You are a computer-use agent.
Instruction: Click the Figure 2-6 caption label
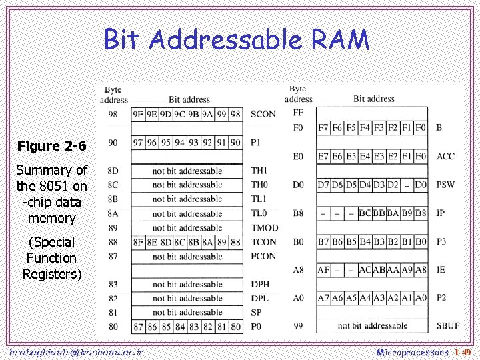(x=52, y=145)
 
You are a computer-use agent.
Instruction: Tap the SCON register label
(x=263, y=114)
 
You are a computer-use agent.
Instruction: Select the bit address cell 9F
(x=138, y=114)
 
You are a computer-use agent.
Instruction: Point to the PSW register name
(x=445, y=184)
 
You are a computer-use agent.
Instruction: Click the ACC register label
(x=445, y=157)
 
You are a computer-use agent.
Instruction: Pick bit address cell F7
(x=323, y=127)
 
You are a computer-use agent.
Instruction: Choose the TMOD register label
(x=265, y=228)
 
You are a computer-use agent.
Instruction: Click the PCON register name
(x=263, y=256)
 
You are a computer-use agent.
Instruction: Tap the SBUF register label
(x=447, y=326)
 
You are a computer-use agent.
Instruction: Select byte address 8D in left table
(x=113, y=171)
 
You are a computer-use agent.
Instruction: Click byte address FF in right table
(x=298, y=113)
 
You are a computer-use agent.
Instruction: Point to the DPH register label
(x=261, y=285)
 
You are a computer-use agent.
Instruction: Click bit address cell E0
(x=420, y=157)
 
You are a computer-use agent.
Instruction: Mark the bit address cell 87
(x=138, y=327)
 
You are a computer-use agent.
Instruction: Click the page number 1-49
(x=462, y=351)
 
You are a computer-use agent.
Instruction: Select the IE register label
(x=441, y=270)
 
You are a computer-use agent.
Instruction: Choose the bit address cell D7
(x=323, y=184)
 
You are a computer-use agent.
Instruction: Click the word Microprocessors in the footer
(x=412, y=351)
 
